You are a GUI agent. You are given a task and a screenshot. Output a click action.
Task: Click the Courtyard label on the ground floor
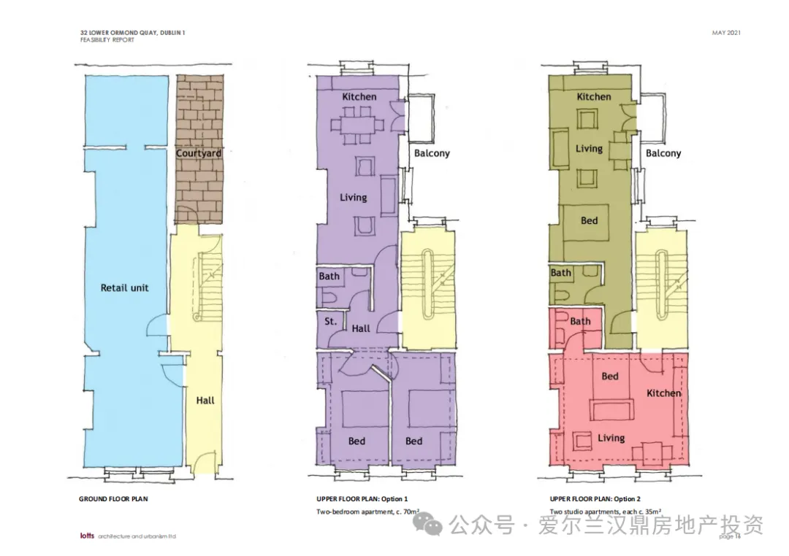[x=198, y=152]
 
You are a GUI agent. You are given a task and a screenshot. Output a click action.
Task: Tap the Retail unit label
[x=124, y=288]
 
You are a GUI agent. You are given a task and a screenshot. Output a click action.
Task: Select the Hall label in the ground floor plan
[x=205, y=401]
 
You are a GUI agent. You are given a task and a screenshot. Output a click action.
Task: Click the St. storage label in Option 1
[x=330, y=321]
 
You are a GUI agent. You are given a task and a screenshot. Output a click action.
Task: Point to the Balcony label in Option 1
[x=432, y=153]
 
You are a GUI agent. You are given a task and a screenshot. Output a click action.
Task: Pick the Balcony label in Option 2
[x=663, y=153]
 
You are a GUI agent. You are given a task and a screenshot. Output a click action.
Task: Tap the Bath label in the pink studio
[x=580, y=321]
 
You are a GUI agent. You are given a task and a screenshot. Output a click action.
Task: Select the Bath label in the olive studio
[x=560, y=273]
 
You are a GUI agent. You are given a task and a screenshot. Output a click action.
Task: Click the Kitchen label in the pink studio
[x=663, y=393]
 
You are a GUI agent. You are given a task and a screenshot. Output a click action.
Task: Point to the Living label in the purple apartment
[x=354, y=198]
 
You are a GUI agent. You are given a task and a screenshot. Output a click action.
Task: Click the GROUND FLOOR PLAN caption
[x=113, y=499]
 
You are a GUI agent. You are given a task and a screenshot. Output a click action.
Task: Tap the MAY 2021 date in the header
[x=726, y=33]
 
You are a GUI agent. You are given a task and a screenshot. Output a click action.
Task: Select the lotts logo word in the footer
[x=87, y=536]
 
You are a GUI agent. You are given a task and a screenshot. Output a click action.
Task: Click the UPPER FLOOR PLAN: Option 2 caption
[x=595, y=499]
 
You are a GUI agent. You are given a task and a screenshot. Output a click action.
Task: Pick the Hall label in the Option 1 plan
[x=361, y=329]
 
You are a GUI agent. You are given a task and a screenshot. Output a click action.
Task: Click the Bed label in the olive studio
[x=590, y=220]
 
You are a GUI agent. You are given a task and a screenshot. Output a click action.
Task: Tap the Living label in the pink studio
[x=611, y=438]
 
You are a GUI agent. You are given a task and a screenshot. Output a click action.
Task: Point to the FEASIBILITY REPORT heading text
[x=107, y=40]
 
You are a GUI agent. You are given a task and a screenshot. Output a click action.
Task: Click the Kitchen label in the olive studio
[x=594, y=97]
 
